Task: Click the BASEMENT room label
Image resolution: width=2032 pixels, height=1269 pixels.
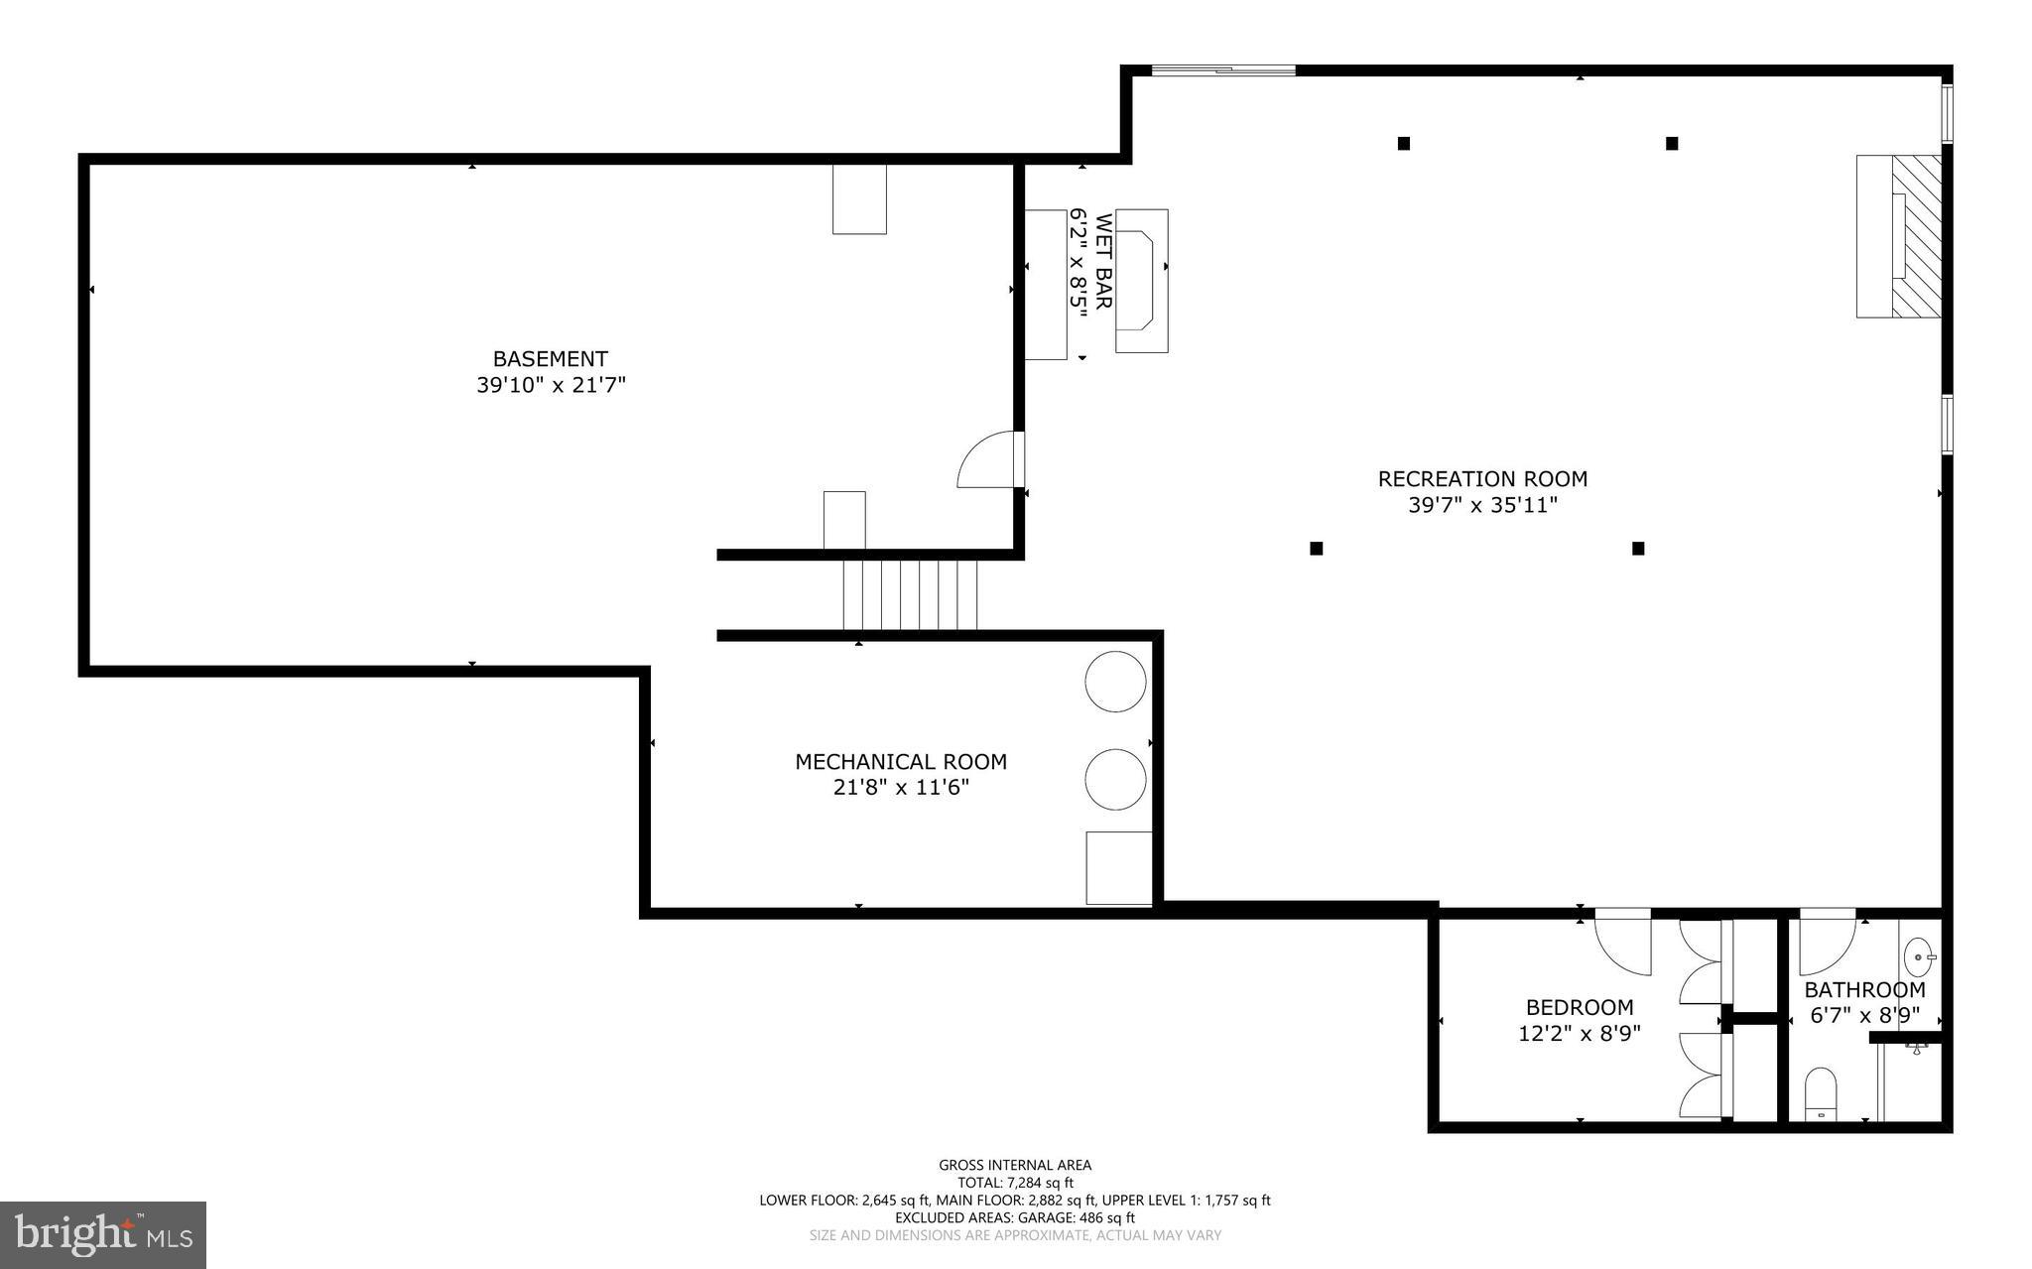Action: pyautogui.click(x=550, y=358)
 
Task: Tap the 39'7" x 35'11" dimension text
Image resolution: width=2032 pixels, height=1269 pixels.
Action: pyautogui.click(x=1482, y=505)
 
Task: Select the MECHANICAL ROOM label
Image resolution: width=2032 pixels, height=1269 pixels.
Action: pyautogui.click(x=900, y=761)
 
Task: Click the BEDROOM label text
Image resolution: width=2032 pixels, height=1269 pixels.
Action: pyautogui.click(x=1579, y=1007)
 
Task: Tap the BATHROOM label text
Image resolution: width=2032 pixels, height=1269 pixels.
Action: pyautogui.click(x=1863, y=989)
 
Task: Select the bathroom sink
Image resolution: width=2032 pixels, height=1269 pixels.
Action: pyautogui.click(x=1919, y=958)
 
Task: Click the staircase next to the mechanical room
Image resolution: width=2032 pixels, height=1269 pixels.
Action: pyautogui.click(x=910, y=594)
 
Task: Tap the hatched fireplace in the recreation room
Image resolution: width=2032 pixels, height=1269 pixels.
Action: pyautogui.click(x=1915, y=236)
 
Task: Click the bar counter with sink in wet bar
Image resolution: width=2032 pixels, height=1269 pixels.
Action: pyautogui.click(x=1141, y=280)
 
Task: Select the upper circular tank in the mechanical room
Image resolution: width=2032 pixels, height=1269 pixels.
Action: pyautogui.click(x=1115, y=681)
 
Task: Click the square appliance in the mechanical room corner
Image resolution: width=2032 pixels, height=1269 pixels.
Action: pyautogui.click(x=1118, y=867)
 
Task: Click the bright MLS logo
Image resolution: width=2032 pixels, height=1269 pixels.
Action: pyautogui.click(x=102, y=1234)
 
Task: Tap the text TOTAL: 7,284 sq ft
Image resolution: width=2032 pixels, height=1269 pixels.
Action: pyautogui.click(x=1014, y=1183)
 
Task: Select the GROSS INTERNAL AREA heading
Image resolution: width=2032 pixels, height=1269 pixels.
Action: pyautogui.click(x=1014, y=1165)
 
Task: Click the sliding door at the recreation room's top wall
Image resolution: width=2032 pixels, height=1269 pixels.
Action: pyautogui.click(x=1222, y=69)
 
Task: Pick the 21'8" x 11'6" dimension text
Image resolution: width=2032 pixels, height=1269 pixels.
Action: pyautogui.click(x=900, y=788)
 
